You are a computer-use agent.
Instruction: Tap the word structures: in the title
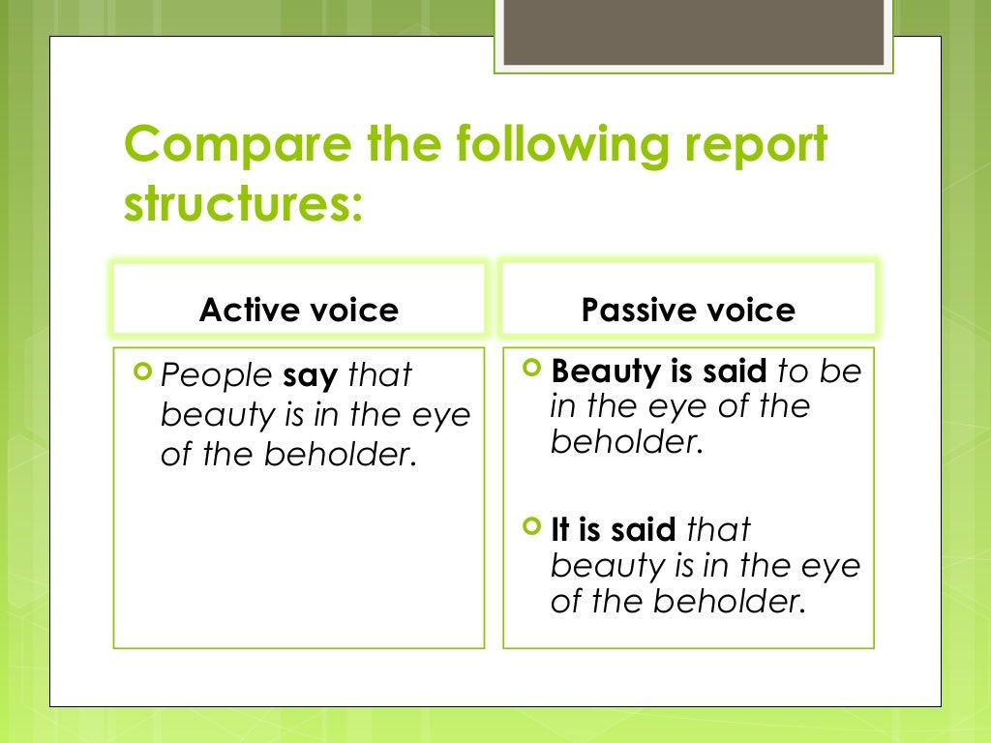243,206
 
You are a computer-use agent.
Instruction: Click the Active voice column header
298,311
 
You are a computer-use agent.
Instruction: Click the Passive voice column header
688,311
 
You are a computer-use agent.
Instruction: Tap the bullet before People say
145,370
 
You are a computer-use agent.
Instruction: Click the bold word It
559,530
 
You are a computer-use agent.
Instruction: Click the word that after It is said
717,530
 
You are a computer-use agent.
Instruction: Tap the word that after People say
379,374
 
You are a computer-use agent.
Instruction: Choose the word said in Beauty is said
737,371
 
